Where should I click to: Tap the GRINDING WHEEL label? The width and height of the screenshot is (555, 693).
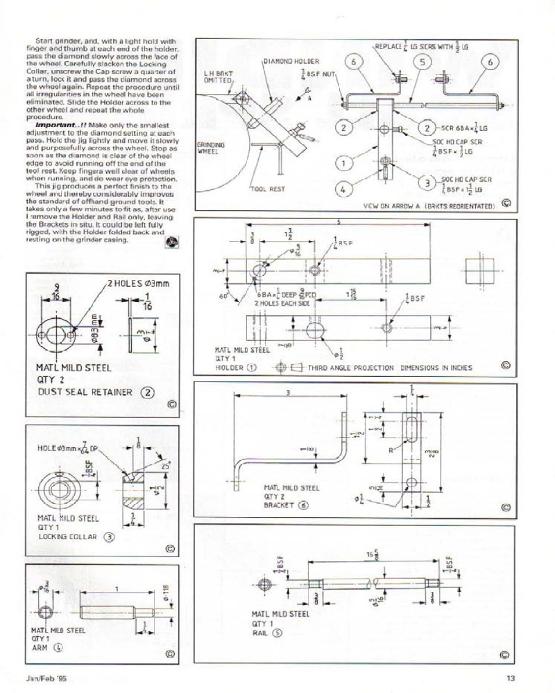click(209, 148)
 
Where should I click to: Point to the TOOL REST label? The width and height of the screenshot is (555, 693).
click(264, 188)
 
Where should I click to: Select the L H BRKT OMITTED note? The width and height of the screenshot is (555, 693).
click(219, 76)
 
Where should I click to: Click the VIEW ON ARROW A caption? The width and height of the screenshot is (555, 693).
click(426, 206)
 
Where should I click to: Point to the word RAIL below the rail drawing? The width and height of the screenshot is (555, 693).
click(259, 633)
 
